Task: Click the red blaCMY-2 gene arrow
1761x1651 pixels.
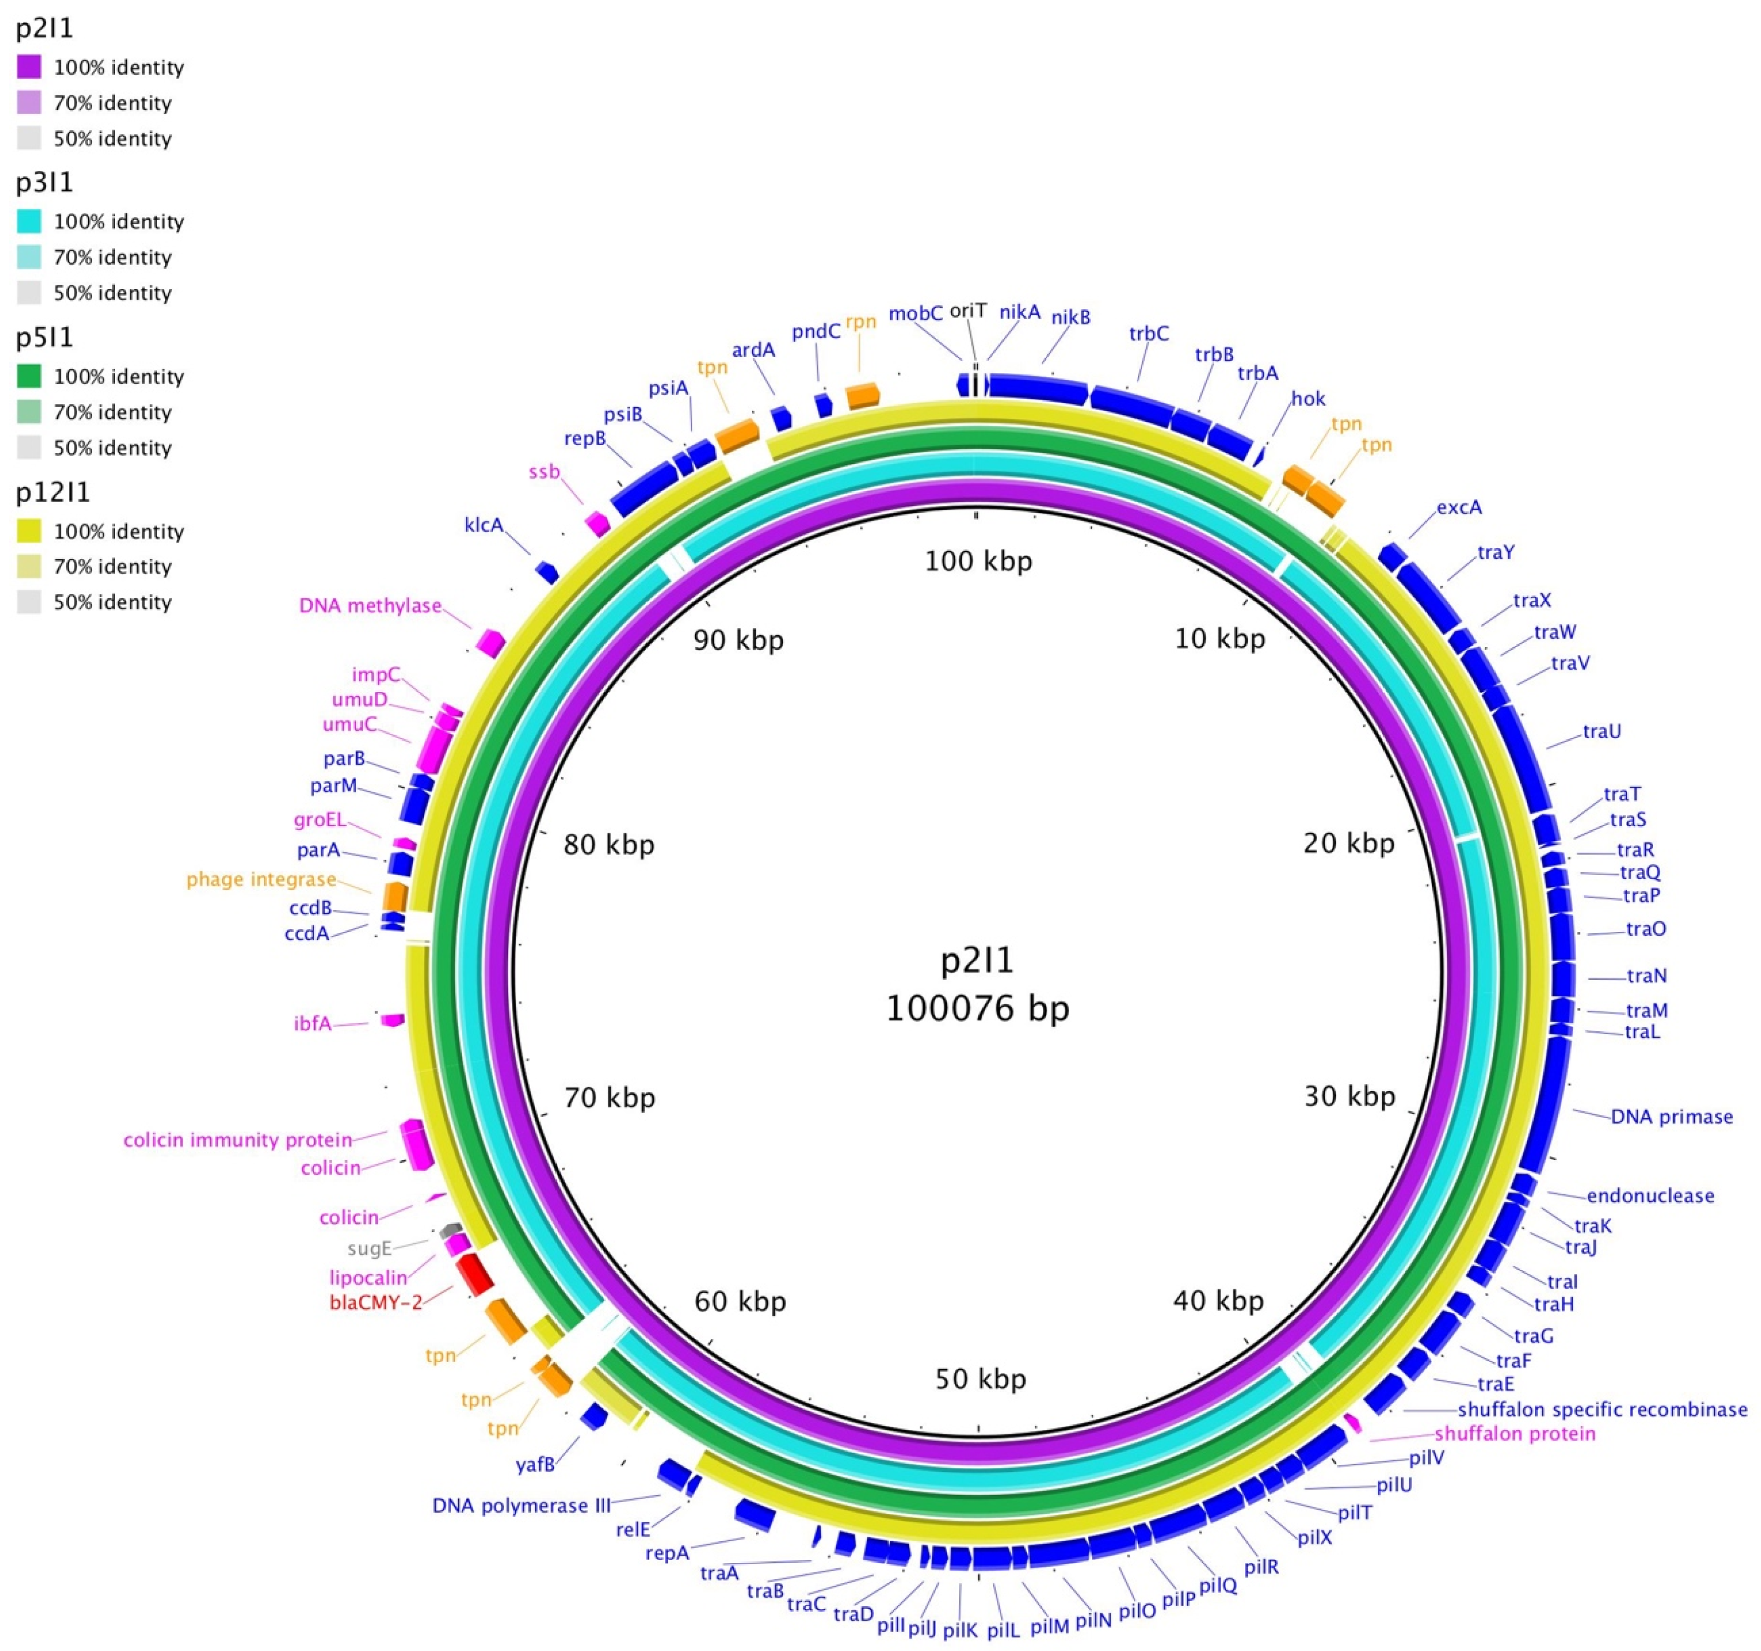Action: (476, 1274)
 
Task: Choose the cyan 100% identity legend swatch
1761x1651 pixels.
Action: (29, 222)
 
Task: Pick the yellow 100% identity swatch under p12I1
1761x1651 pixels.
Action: (29, 531)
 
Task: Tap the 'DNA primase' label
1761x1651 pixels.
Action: (1671, 1117)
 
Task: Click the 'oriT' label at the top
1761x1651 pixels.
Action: (967, 310)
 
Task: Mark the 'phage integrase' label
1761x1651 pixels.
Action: (261, 879)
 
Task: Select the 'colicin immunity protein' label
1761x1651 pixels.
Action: (237, 1140)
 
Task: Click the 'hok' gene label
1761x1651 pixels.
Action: (1308, 399)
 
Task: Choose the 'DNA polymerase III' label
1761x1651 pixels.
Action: (521, 1506)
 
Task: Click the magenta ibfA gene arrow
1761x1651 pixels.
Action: (392, 1020)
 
